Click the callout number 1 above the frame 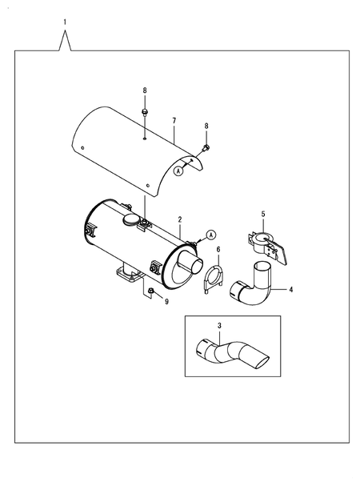coord(65,22)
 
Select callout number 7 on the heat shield coord(174,121)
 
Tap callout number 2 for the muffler coord(180,219)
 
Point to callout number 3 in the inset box coord(219,326)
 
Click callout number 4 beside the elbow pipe coord(290,290)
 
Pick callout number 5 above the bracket coord(263,214)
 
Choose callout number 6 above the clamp coord(218,250)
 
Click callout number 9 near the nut coord(166,302)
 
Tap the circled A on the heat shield coord(178,171)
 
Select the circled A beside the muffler coord(211,235)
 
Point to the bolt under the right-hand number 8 coord(206,148)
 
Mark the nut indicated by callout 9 coord(151,291)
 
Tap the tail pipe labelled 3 coord(233,354)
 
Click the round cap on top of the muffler coord(130,219)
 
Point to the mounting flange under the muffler coord(129,275)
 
